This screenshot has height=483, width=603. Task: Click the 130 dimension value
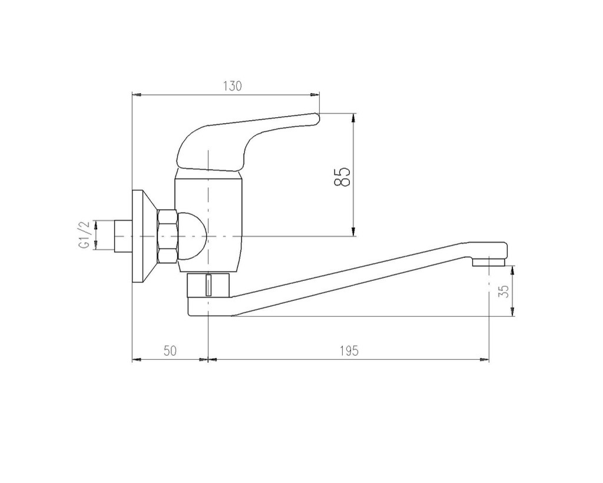[x=233, y=86]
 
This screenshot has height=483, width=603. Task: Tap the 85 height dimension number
[x=343, y=177]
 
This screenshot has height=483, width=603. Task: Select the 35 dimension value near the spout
[x=505, y=291]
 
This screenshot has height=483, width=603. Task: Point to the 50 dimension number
[x=170, y=350]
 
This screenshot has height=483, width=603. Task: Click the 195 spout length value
[x=349, y=350]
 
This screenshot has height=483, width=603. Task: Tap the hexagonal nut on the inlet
[x=167, y=236]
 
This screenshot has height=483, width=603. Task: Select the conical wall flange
[x=144, y=236]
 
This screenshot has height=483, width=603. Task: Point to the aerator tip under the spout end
[x=488, y=262]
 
